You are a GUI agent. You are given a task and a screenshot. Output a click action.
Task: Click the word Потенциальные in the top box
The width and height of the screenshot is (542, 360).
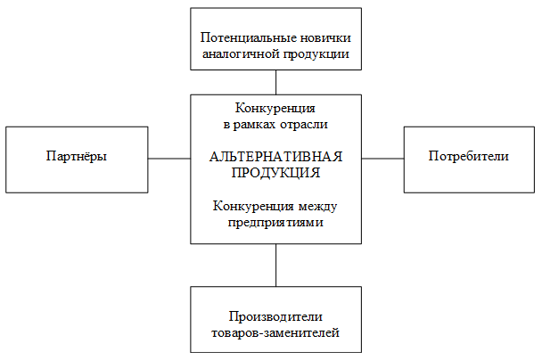248,37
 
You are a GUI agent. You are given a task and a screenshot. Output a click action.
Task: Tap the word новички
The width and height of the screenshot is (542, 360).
325,37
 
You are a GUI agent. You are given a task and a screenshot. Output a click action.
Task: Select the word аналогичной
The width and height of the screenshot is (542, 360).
240,53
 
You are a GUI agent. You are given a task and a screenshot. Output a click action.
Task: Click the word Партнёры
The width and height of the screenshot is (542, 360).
77,156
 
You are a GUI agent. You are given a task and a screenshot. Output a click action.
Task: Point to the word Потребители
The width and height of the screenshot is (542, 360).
468,156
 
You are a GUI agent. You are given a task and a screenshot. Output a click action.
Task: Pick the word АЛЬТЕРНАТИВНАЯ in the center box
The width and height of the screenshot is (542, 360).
275,157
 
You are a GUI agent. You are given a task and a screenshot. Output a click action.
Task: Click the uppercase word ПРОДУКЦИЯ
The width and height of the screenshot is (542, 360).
275,173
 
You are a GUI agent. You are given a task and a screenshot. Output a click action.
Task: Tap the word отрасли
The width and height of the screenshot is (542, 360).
304,125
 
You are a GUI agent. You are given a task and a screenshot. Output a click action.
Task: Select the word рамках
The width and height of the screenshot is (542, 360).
254,125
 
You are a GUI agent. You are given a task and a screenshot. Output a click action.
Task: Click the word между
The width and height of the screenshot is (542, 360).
317,206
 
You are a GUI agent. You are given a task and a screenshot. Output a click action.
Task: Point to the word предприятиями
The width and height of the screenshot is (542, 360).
275,223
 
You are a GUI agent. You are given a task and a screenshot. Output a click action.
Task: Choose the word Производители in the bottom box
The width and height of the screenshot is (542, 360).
275,316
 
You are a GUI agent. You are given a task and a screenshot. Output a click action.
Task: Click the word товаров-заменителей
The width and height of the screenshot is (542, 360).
275,333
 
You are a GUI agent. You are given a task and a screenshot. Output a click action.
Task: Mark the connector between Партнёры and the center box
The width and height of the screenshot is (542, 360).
169,159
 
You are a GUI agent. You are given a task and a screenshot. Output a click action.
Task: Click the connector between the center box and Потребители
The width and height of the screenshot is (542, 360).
382,159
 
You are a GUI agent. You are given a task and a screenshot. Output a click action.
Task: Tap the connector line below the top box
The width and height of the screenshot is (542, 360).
275,83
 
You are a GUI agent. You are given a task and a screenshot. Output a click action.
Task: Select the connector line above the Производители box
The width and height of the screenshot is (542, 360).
275,266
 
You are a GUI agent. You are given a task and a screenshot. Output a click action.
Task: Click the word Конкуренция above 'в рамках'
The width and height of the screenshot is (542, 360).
275,109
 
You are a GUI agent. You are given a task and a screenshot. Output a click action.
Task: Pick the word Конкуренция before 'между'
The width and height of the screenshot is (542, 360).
253,206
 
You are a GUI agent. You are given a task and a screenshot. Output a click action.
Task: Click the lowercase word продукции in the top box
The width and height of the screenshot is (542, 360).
316,54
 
